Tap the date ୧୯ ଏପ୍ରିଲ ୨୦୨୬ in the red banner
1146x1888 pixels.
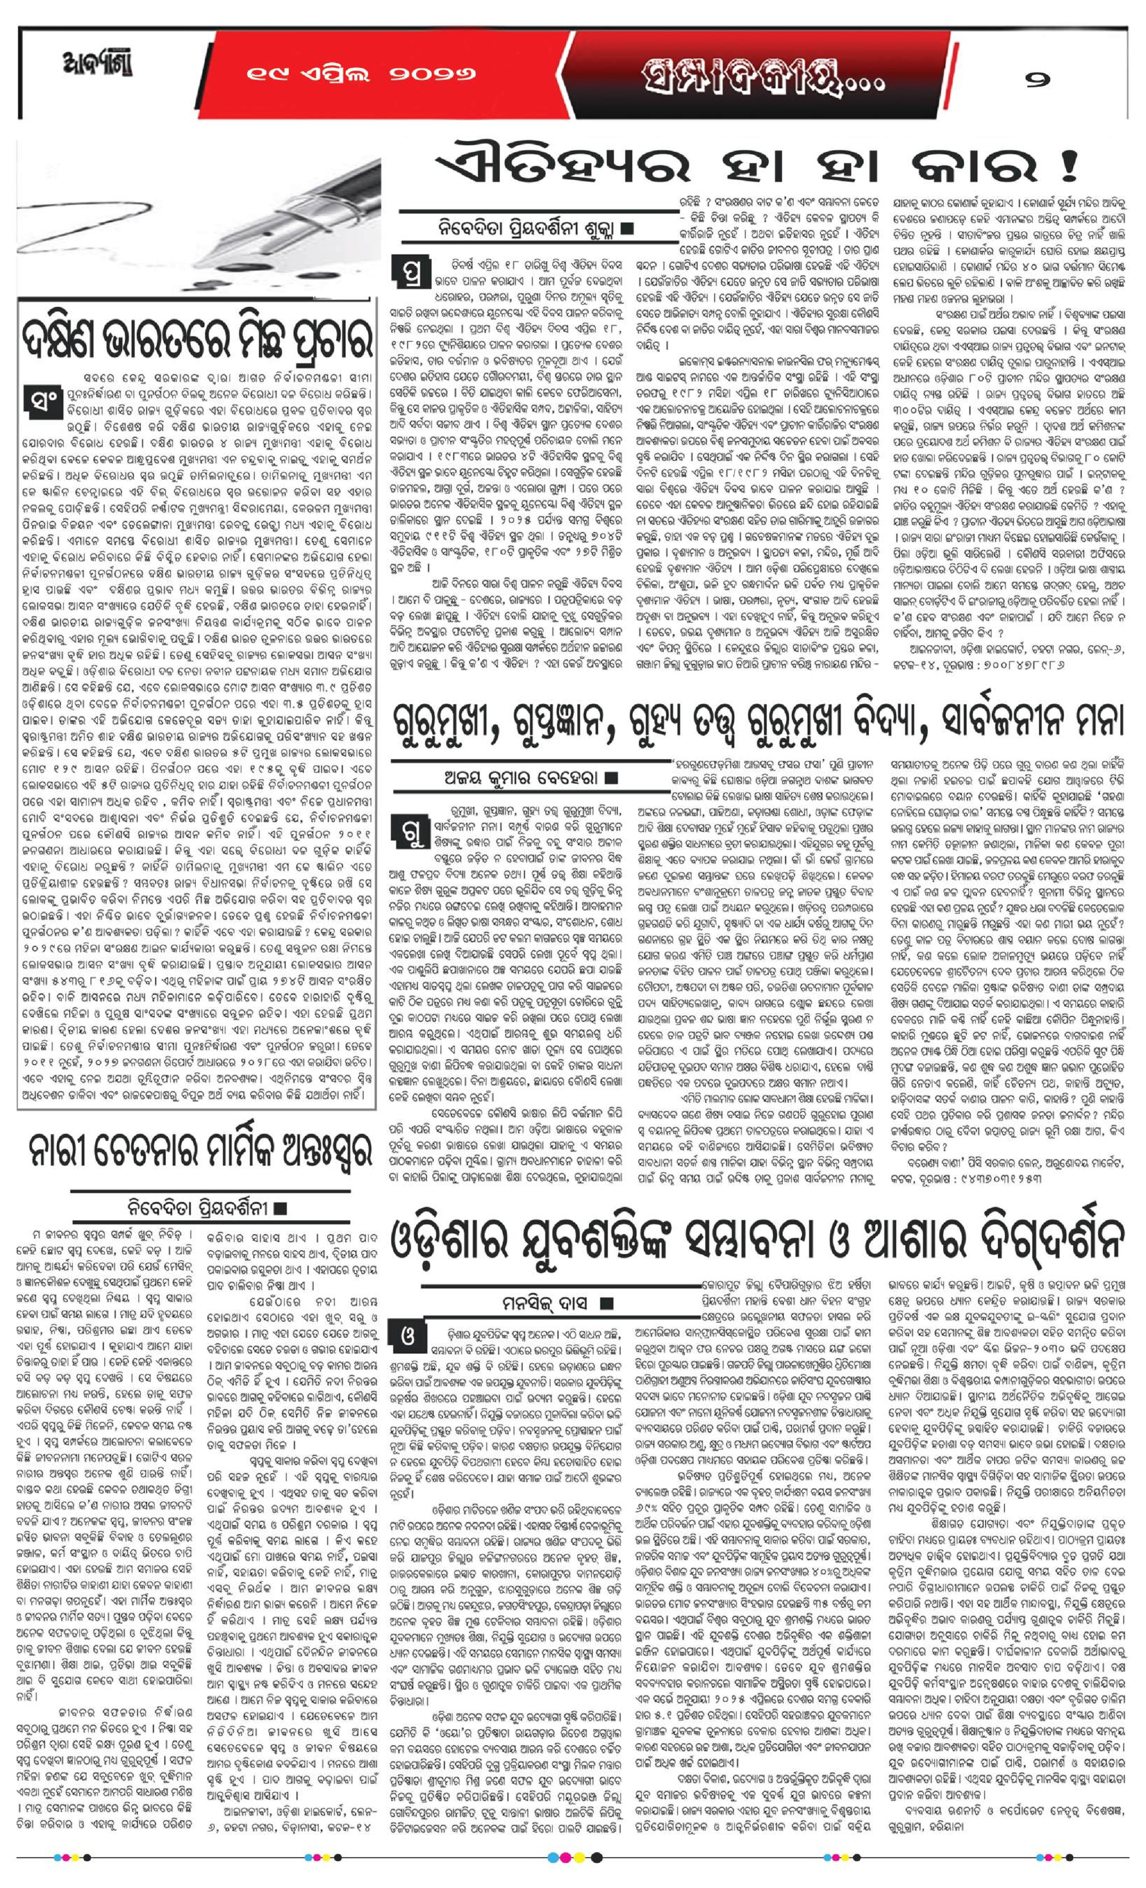(360, 74)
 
